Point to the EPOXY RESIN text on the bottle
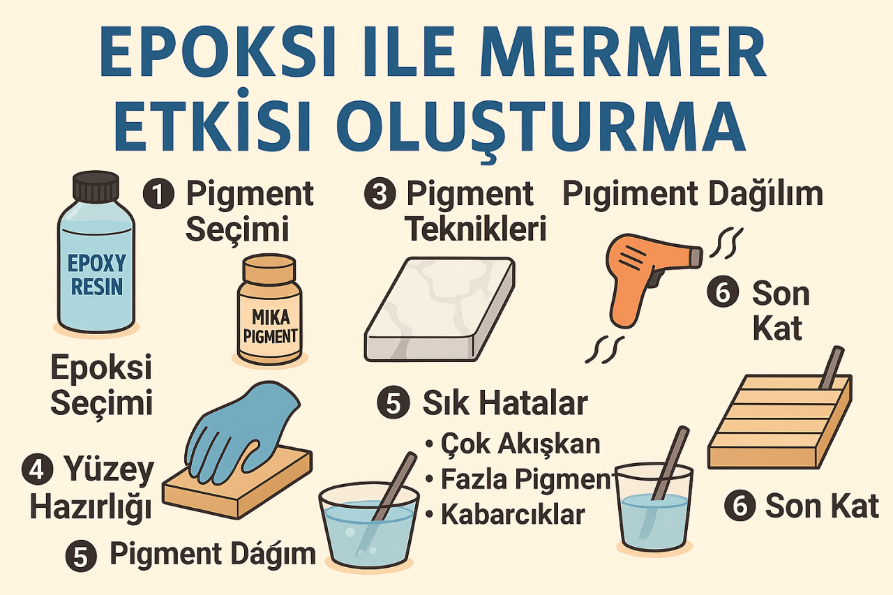[96, 275]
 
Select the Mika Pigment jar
[270, 310]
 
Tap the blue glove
[241, 425]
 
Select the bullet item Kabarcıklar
[512, 514]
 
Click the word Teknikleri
[476, 229]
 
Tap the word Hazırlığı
[90, 508]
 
